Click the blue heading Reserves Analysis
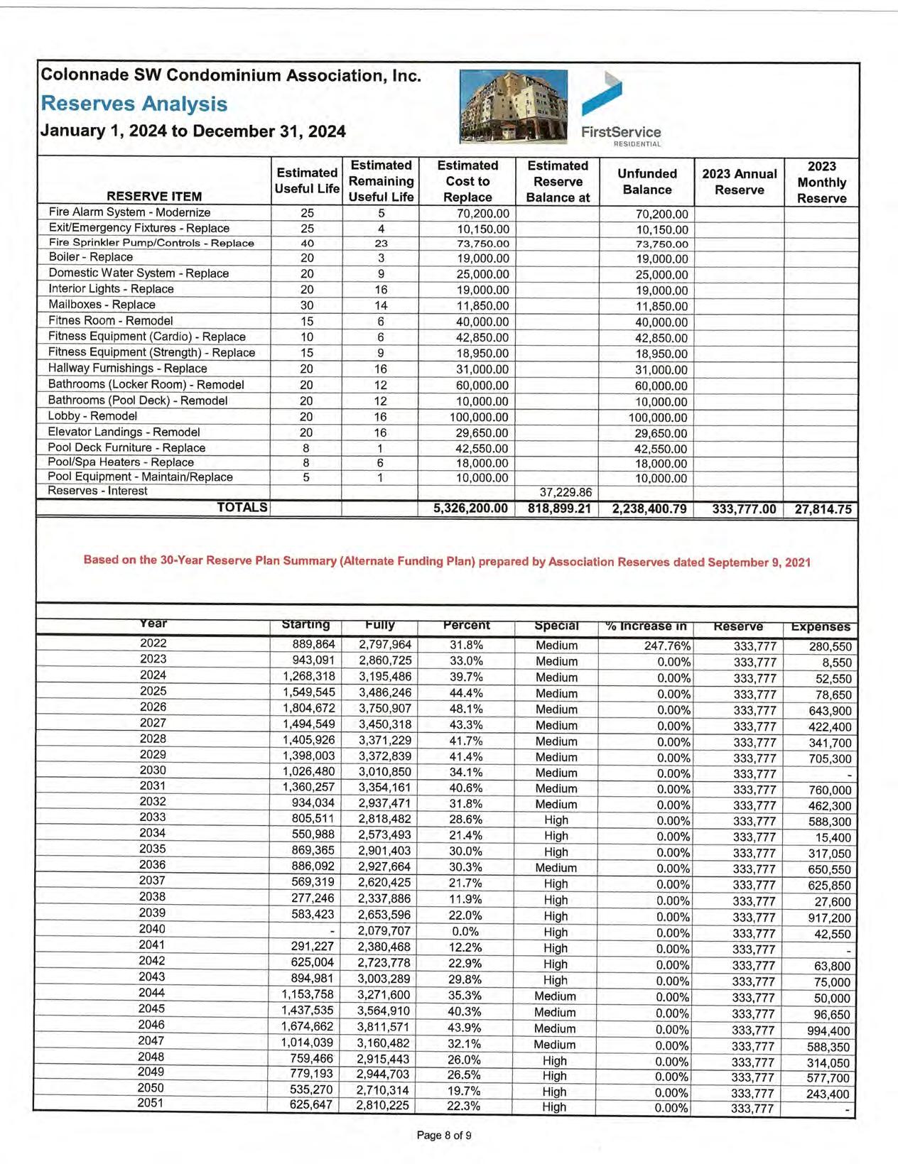tap(134, 104)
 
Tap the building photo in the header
tap(513, 107)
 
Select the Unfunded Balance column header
tap(647, 182)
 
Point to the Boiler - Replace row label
tap(90, 257)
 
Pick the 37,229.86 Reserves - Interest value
tap(566, 492)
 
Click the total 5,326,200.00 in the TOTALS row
tap(470, 508)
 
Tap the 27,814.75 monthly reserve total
tap(823, 509)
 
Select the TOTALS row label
tap(242, 507)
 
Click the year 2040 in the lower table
tap(152, 929)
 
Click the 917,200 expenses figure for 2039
tap(829, 918)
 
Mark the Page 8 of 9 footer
tap(444, 1135)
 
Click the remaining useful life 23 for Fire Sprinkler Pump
tap(381, 243)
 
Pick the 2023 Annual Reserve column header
tap(739, 182)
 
